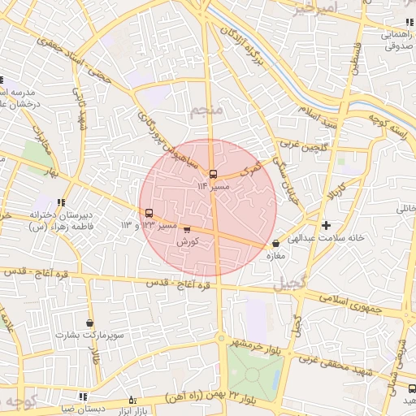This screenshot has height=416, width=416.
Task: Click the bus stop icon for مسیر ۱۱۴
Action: (213, 173)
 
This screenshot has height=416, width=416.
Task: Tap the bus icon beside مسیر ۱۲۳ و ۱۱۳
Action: (148, 213)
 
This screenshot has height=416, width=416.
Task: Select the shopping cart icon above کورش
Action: (188, 231)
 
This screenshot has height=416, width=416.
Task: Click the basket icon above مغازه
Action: (276, 243)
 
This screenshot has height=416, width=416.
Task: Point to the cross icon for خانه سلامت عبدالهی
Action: (326, 225)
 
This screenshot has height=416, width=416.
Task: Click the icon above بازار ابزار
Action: (132, 400)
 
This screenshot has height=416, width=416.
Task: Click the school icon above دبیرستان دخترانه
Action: (61, 202)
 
